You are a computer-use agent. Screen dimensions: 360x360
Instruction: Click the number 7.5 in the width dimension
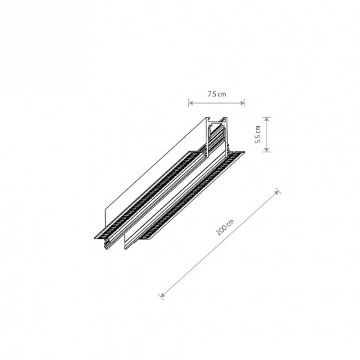pos(211,94)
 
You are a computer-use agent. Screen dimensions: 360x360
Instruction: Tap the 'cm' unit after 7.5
pos(222,94)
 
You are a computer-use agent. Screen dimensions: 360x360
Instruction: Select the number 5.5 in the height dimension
pos(258,139)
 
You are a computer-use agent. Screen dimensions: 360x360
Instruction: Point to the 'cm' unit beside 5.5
pos(258,129)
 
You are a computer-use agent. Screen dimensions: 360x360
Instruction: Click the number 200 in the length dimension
pos(220,231)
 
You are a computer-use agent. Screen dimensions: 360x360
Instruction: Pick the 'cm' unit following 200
pos(231,222)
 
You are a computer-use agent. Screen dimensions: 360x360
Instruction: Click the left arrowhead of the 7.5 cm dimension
pos(191,103)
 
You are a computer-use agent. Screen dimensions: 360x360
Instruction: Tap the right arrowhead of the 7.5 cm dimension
pos(242,103)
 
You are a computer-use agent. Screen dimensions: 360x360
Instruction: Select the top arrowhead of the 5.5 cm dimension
pos(267,119)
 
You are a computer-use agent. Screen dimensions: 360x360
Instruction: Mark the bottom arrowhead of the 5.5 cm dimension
pos(267,150)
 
